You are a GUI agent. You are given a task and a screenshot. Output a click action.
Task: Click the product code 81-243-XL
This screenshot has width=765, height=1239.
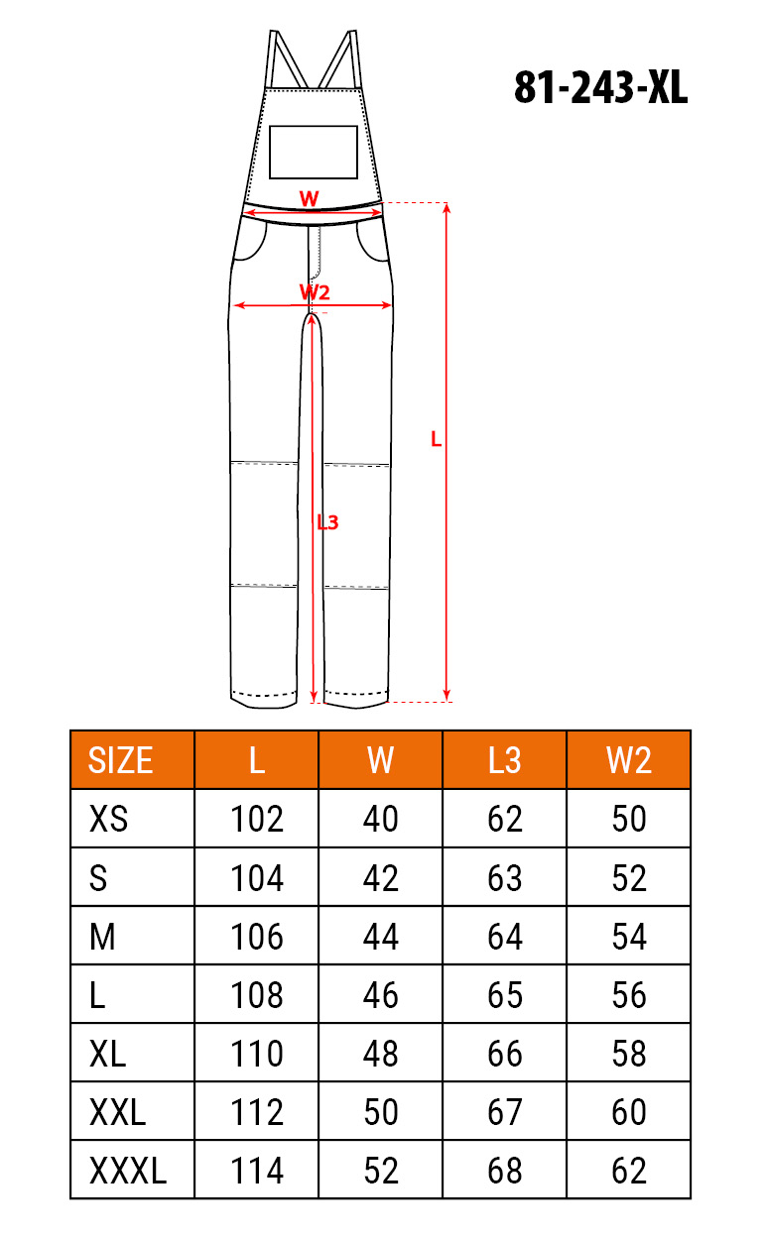click(600, 87)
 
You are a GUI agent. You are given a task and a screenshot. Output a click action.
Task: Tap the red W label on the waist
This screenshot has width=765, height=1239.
click(309, 198)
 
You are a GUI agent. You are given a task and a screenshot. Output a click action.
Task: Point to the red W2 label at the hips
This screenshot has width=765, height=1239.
click(315, 291)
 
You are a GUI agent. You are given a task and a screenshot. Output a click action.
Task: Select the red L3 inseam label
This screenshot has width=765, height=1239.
click(327, 521)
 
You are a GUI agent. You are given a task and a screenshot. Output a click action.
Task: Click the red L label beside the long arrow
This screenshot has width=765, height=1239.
click(437, 439)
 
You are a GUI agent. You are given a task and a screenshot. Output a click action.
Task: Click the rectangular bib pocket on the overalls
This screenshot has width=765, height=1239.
click(314, 152)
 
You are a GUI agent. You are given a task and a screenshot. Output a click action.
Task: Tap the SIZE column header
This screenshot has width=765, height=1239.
click(121, 760)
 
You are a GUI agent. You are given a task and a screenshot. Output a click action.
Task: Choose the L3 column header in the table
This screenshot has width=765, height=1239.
click(504, 760)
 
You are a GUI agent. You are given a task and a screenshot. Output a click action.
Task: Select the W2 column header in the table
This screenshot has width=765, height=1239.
click(629, 760)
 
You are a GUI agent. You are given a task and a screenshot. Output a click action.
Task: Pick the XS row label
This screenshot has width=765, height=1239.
click(108, 819)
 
